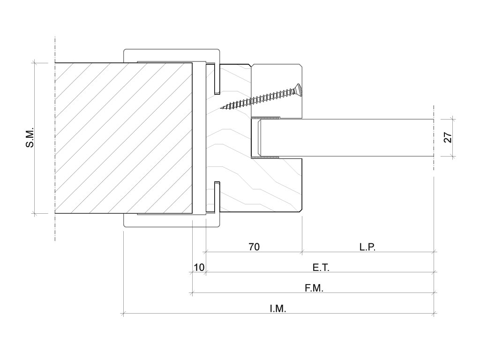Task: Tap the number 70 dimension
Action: click(254, 247)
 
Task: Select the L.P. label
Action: click(367, 247)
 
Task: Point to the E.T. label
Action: click(321, 268)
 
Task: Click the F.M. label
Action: click(314, 288)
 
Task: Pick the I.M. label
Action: click(278, 308)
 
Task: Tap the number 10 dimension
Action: click(199, 268)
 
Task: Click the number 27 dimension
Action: click(448, 137)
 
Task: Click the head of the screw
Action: click(299, 89)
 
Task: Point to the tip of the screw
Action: click(221, 108)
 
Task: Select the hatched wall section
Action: click(124, 138)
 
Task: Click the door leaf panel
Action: click(346, 138)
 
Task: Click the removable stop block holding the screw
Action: click(277, 91)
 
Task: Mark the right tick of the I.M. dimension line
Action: click(434, 313)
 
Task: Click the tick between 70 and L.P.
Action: click(302, 252)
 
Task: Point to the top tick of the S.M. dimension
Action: click(34, 63)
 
